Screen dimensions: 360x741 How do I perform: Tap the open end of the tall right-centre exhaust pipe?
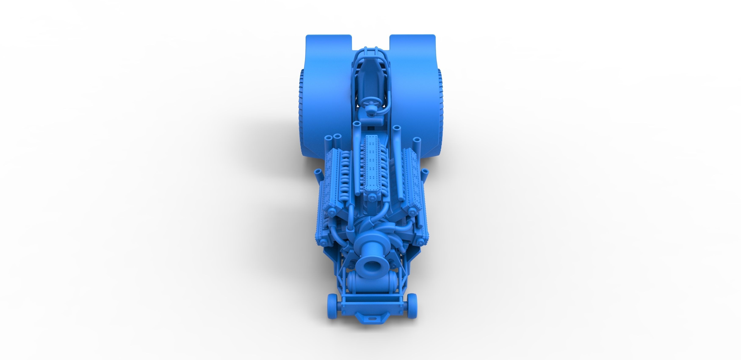pos(397,127)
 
